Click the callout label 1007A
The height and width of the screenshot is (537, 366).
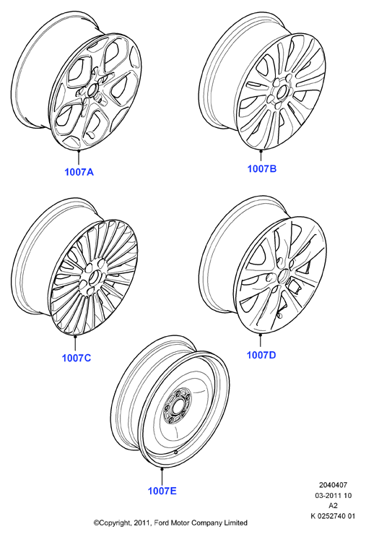click(x=79, y=172)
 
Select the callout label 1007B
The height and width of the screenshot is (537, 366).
click(x=261, y=168)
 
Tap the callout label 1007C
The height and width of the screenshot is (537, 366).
click(x=77, y=358)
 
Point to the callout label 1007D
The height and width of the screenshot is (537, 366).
click(x=261, y=355)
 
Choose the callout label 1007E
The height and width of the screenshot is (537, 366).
click(x=162, y=491)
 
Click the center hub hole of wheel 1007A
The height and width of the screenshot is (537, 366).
click(x=92, y=91)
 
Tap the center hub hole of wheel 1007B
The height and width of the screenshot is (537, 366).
click(x=281, y=92)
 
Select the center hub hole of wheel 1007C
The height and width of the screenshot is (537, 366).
click(x=94, y=277)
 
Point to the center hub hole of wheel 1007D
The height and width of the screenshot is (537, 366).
click(x=283, y=275)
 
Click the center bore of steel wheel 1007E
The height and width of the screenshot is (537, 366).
click(x=178, y=406)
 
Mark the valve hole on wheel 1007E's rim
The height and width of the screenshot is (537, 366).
click(x=176, y=452)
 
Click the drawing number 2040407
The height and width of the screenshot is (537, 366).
click(x=333, y=485)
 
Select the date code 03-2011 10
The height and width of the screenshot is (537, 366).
click(x=334, y=495)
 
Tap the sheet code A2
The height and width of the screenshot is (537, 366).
click(x=333, y=505)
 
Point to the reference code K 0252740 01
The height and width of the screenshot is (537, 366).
click(x=333, y=516)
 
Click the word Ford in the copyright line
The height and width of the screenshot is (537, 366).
click(x=160, y=523)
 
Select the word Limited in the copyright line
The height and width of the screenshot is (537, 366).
click(x=235, y=523)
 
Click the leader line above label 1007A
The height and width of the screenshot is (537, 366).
click(x=79, y=158)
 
